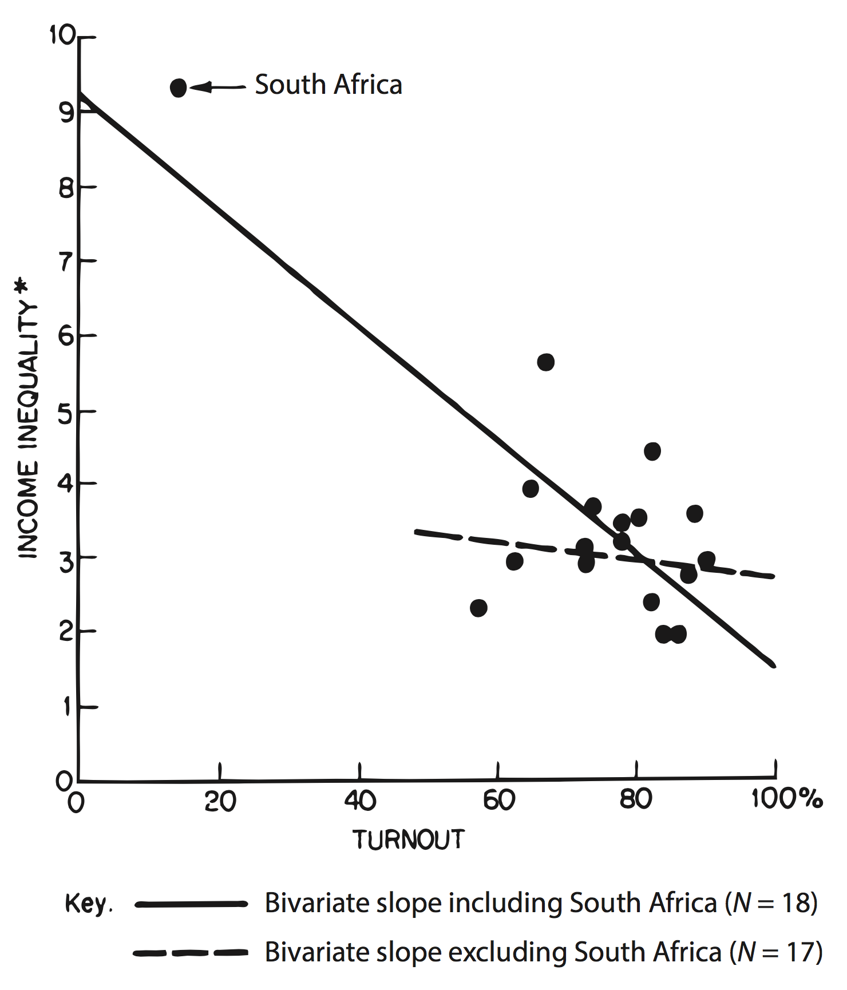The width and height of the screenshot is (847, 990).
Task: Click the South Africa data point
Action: pyautogui.click(x=179, y=88)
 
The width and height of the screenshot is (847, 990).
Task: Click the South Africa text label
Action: pyautogui.click(x=328, y=85)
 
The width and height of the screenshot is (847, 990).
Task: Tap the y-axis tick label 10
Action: pyautogui.click(x=62, y=35)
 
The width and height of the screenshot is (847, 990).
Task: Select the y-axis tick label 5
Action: pyautogui.click(x=66, y=413)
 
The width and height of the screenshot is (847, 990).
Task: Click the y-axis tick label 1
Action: pyautogui.click(x=68, y=707)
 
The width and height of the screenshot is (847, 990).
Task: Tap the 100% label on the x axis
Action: pyautogui.click(x=787, y=798)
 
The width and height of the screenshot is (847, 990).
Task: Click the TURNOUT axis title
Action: pyautogui.click(x=409, y=839)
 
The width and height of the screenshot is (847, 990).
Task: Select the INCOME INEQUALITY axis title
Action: pyautogui.click(x=29, y=429)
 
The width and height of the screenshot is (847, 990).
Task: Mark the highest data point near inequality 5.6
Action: pyautogui.click(x=546, y=362)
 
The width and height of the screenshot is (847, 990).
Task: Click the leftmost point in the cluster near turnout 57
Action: pyautogui.click(x=479, y=608)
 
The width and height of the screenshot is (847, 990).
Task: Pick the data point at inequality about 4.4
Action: pyautogui.click(x=652, y=452)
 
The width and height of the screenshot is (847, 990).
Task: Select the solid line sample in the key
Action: pyautogui.click(x=191, y=904)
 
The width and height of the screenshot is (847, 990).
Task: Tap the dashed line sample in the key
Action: pyautogui.click(x=191, y=953)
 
